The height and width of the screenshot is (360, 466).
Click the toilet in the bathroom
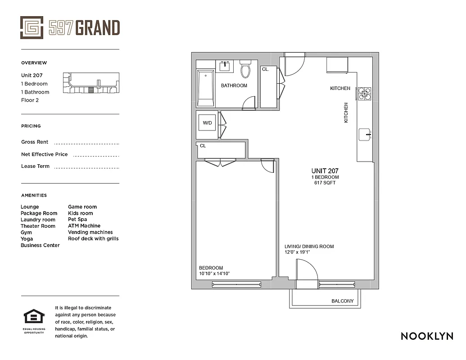pyautogui.click(x=245, y=69)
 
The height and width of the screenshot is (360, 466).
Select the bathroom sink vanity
pyautogui.click(x=224, y=66)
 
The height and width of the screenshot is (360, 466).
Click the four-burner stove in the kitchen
pyautogui.click(x=364, y=93)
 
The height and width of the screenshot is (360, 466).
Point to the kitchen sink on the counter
pyautogui.click(x=365, y=134)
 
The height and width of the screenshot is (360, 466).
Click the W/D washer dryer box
pyautogui.click(x=207, y=122)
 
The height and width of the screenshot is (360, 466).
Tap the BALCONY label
pyautogui.click(x=342, y=301)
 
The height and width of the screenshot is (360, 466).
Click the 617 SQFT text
pyautogui.click(x=325, y=183)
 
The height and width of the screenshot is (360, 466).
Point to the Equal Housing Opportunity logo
pyautogui.click(x=33, y=319)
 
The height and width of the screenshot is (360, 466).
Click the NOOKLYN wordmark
pyautogui.click(x=427, y=336)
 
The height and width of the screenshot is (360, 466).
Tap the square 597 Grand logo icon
pyautogui.click(x=32, y=27)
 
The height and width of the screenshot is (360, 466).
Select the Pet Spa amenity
pyautogui.click(x=77, y=220)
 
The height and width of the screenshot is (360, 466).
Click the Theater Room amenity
pyautogui.click(x=38, y=226)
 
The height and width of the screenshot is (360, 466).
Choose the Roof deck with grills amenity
pyautogui.click(x=93, y=238)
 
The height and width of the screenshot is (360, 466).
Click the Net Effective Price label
pyautogui.click(x=44, y=154)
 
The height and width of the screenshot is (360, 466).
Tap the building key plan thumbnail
pyautogui.click(x=91, y=83)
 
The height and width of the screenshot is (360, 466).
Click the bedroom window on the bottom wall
pyautogui.click(x=236, y=284)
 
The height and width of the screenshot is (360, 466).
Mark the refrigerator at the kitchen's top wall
pyautogui.click(x=337, y=65)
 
